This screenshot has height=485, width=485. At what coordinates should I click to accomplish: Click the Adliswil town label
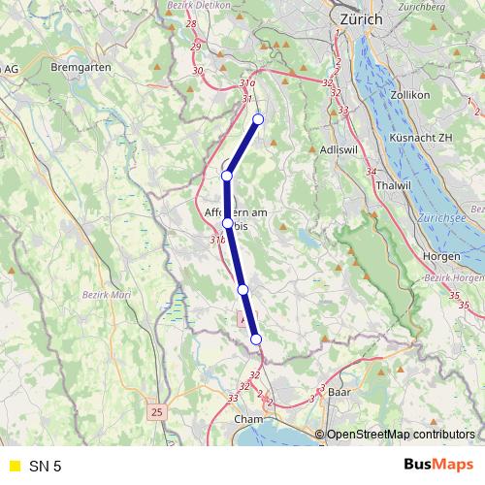tap(340, 151)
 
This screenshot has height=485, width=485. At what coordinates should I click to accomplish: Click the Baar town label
tap(339, 393)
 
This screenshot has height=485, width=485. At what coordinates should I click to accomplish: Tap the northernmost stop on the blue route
tap(258, 119)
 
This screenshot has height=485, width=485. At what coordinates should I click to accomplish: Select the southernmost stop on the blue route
tap(256, 339)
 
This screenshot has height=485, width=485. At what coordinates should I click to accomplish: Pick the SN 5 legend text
tap(45, 467)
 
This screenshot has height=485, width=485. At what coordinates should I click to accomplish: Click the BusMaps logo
tap(438, 466)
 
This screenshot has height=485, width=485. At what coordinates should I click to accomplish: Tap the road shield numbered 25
tap(157, 412)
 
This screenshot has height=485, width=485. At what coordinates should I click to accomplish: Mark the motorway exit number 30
tap(199, 71)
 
